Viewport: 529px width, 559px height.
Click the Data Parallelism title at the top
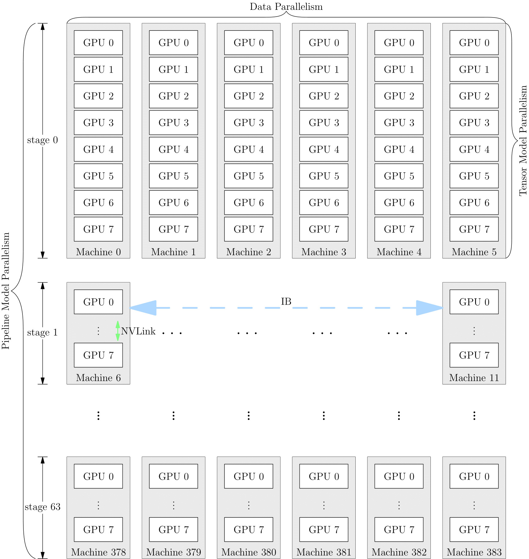(x=286, y=6)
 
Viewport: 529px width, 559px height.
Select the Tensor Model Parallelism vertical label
(x=523, y=141)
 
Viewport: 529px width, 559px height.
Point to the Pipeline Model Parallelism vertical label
(x=6, y=291)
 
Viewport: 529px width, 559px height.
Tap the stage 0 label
(x=42, y=140)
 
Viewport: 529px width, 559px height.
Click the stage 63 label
(x=42, y=507)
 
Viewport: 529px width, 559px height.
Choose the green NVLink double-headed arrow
(x=118, y=331)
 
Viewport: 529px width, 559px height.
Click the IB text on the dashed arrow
(x=286, y=301)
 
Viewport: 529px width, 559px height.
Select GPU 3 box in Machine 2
(x=248, y=122)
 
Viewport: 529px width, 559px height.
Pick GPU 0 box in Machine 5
(x=474, y=42)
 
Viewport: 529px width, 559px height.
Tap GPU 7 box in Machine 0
(x=98, y=229)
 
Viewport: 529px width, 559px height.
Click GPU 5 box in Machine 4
(x=399, y=176)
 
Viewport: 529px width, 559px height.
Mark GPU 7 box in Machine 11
(x=474, y=355)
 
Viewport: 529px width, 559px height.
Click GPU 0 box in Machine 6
(x=98, y=302)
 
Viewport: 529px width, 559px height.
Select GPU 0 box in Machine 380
(x=248, y=476)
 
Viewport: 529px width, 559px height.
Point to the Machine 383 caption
(x=474, y=552)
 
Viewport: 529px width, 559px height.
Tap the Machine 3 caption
(x=324, y=252)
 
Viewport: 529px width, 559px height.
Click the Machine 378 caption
(x=98, y=552)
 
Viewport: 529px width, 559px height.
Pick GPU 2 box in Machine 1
(x=173, y=96)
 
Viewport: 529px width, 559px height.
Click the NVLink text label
(x=138, y=331)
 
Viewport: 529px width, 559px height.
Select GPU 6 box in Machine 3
(x=324, y=202)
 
